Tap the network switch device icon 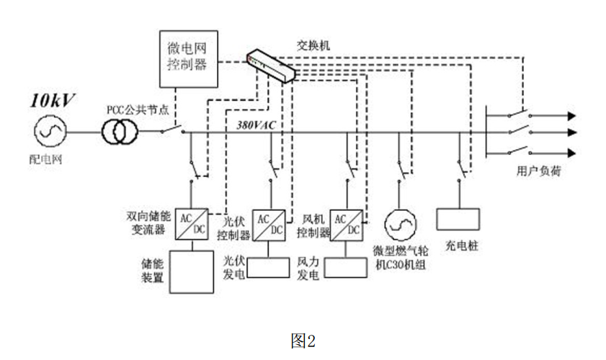(271, 66)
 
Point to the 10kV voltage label (51, 99)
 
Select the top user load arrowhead (572, 115)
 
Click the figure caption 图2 (303, 340)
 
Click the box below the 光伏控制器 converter (269, 266)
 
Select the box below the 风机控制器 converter (346, 266)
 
